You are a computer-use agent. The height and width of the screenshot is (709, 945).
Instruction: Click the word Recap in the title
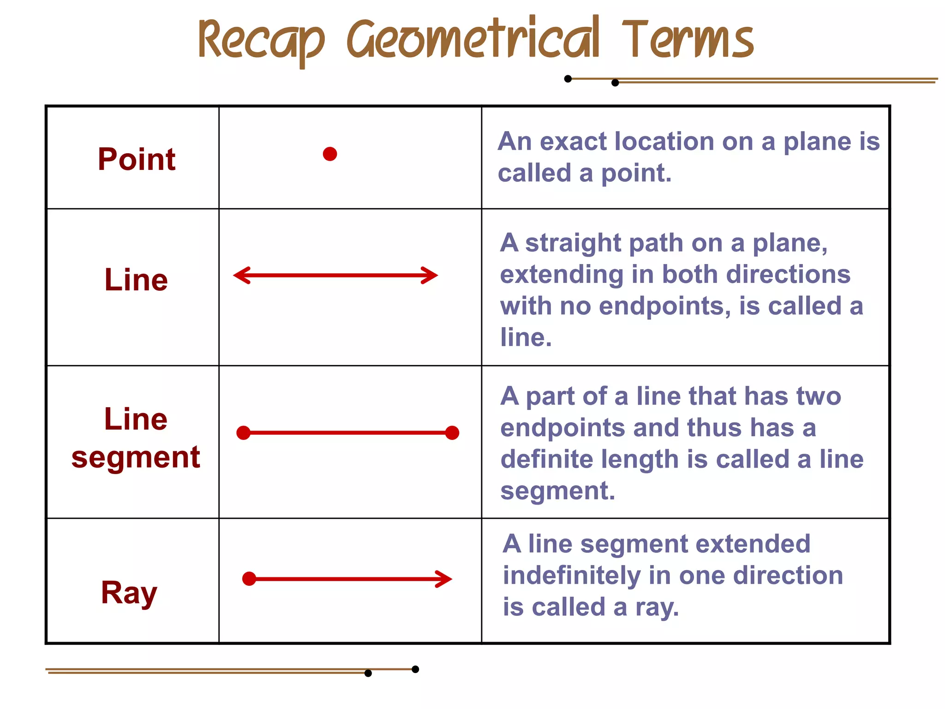(261, 42)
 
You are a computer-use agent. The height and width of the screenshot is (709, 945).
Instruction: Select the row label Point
(137, 159)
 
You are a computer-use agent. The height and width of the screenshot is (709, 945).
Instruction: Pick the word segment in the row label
(136, 457)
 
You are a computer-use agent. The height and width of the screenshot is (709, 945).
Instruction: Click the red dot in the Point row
(330, 154)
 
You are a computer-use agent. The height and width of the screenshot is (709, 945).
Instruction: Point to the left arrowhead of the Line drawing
(241, 276)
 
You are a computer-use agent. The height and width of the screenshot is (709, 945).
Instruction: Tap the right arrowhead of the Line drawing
(431, 276)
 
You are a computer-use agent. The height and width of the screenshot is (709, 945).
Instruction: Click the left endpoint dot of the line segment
(243, 433)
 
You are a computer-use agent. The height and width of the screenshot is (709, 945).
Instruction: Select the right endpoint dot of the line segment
(452, 433)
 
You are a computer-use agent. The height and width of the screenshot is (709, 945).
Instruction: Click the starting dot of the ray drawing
(249, 579)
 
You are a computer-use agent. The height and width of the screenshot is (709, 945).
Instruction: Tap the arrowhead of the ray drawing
(445, 579)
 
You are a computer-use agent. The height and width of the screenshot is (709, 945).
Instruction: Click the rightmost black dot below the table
(415, 669)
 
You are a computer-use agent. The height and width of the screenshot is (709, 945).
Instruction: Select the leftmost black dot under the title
(568, 79)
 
